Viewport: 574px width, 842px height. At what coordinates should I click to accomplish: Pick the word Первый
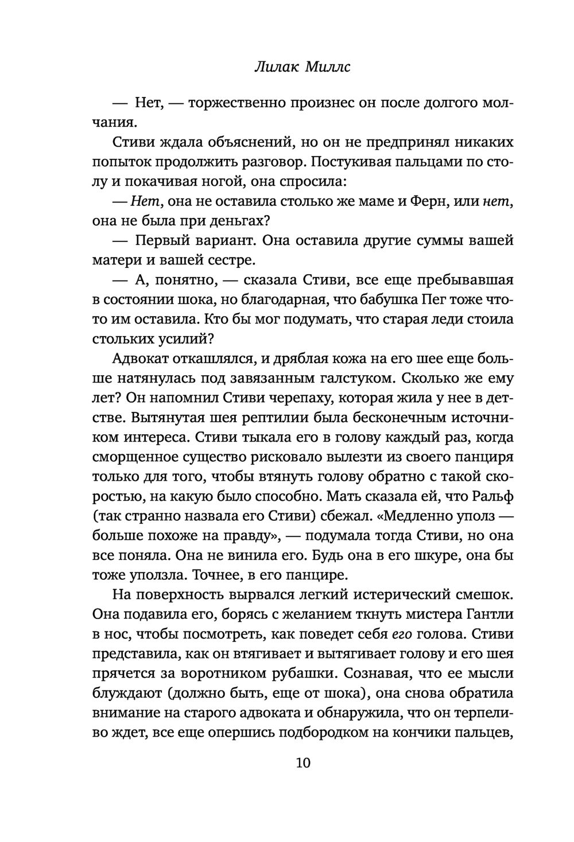pos(165,241)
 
